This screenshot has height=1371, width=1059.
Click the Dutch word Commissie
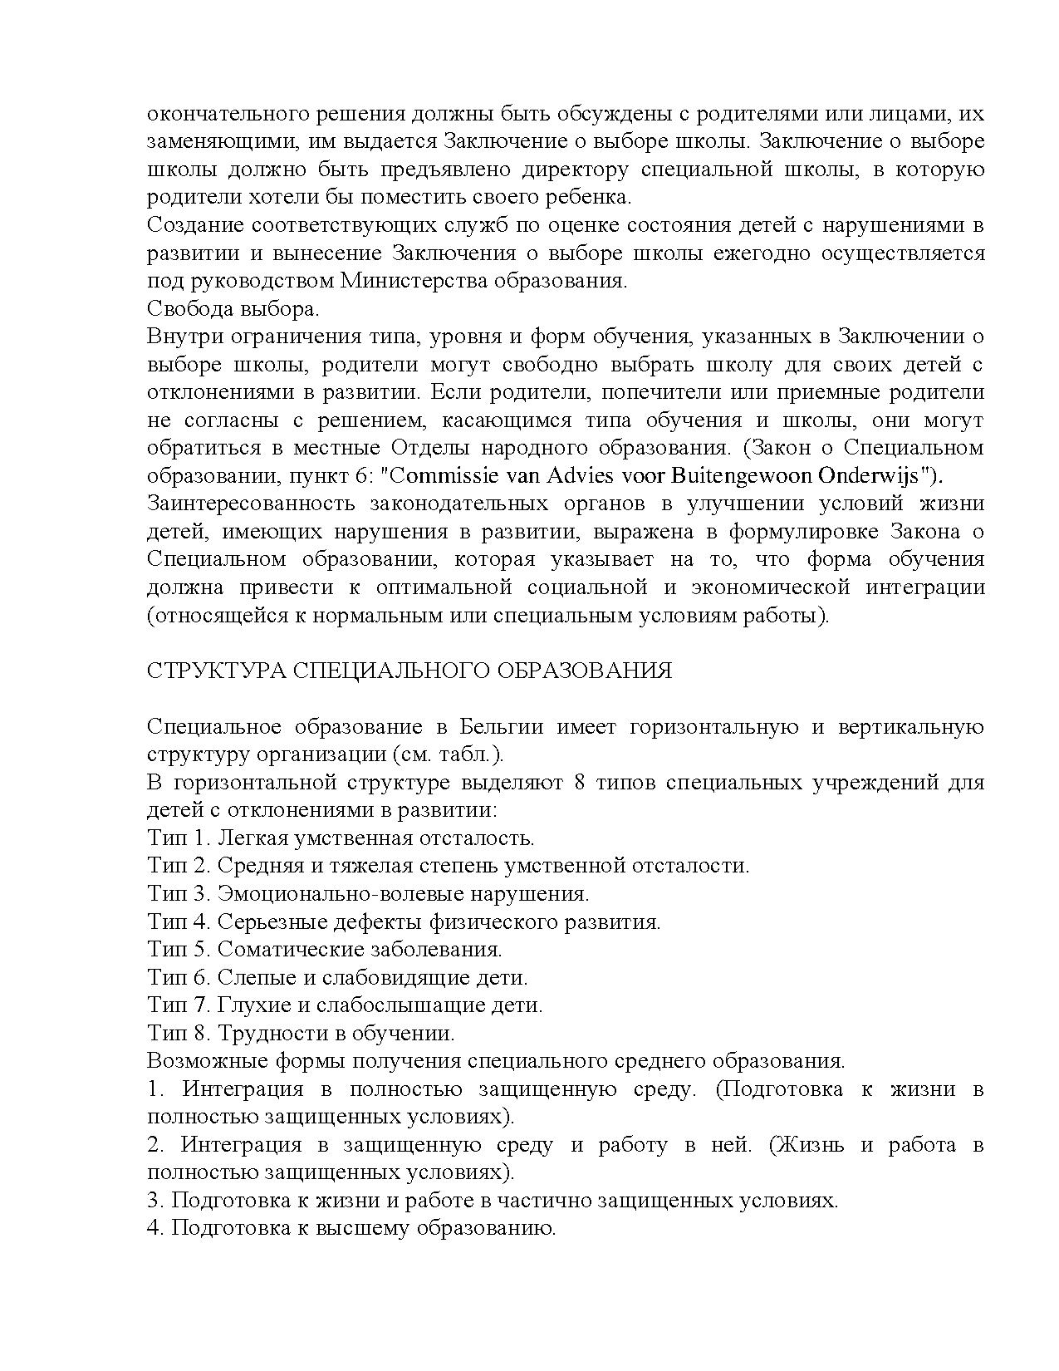(446, 476)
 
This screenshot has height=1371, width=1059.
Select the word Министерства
(412, 281)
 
